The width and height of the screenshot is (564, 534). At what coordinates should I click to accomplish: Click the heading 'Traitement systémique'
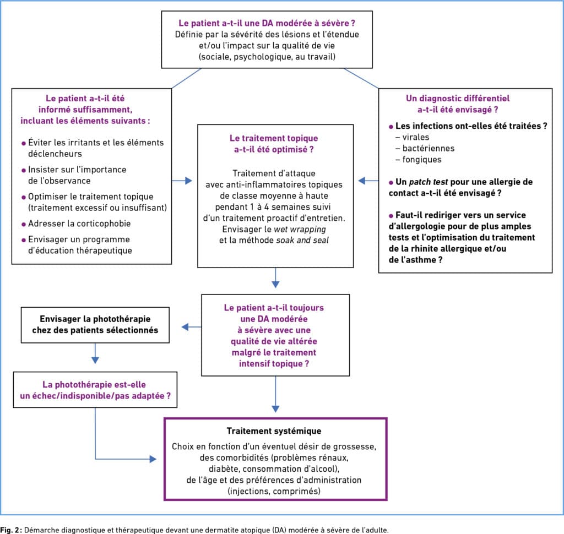274,431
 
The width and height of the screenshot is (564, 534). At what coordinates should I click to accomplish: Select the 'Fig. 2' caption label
11,530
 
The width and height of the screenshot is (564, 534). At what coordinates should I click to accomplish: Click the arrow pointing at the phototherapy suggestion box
191,327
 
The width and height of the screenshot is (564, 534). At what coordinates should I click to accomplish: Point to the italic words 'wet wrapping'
300,229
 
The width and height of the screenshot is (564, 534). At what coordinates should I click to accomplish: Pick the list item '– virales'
412,137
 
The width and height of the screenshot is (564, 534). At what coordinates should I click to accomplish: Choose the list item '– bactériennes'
425,148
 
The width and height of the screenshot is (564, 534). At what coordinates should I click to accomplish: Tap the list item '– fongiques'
419,160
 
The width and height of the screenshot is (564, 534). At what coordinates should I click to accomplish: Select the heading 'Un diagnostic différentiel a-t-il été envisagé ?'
458,104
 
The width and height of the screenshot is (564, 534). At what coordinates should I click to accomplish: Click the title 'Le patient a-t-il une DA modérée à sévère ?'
267,23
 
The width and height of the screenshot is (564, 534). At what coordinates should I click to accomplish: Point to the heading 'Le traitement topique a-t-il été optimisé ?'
274,144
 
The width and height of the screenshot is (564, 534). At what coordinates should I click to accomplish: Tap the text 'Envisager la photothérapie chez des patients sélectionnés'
95,324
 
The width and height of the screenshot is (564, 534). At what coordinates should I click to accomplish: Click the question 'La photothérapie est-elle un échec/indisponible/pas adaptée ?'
95,390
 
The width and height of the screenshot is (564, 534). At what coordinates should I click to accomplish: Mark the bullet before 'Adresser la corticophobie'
24,225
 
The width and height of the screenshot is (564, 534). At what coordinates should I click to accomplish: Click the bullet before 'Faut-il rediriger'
391,216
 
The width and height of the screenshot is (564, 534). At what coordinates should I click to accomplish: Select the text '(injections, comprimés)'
274,491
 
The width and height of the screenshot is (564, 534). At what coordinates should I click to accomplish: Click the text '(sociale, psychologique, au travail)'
267,57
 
